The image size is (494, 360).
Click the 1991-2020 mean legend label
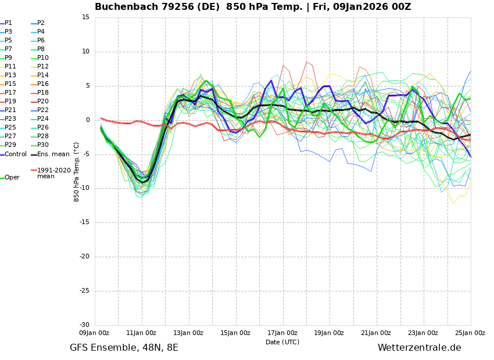pyautogui.click(x=53, y=173)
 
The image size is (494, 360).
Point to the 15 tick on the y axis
pyautogui.click(x=85, y=17)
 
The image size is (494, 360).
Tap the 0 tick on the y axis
pyautogui.click(x=88, y=120)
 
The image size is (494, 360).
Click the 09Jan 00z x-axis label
pyautogui.click(x=94, y=333)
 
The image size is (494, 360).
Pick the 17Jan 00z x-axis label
pyautogui.click(x=282, y=333)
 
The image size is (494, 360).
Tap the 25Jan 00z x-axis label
pyautogui.click(x=470, y=333)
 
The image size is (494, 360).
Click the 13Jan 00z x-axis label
pyautogui.click(x=188, y=333)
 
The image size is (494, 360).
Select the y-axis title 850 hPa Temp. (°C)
pyautogui.click(x=77, y=171)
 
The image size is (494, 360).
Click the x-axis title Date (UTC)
pyautogui.click(x=282, y=342)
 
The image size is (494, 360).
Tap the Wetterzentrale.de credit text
pyautogui.click(x=419, y=348)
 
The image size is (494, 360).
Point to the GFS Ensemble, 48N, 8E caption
pyautogui.click(x=124, y=348)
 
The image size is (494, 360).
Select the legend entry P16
pyautogui.click(x=43, y=84)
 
